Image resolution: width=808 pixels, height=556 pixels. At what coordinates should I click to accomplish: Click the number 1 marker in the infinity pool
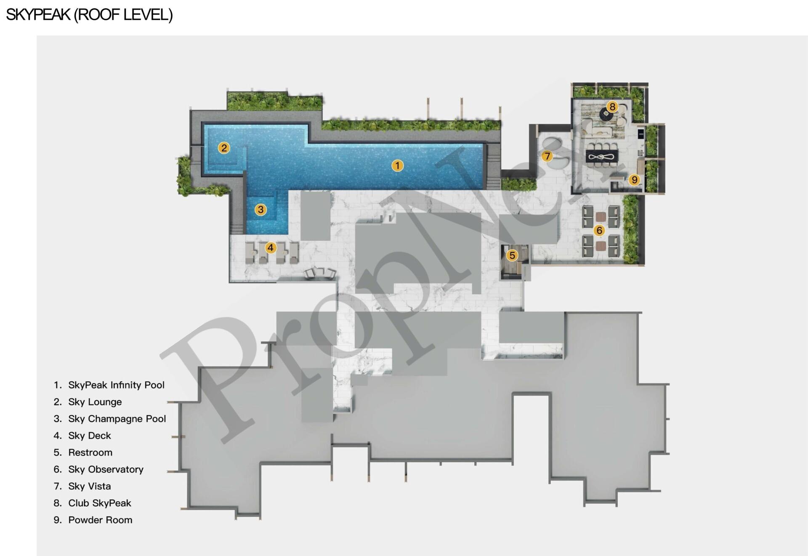[x=397, y=165]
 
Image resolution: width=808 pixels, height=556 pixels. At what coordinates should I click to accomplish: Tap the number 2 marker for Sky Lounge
[x=224, y=148]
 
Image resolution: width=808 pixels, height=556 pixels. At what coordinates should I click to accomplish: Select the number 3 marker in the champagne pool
[x=260, y=209]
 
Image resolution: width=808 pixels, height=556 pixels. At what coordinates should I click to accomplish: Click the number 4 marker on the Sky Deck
[x=271, y=247]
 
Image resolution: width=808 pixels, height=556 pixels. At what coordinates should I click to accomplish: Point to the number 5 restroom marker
[x=512, y=255]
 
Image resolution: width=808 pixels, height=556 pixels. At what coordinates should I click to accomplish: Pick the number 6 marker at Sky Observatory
[x=599, y=230]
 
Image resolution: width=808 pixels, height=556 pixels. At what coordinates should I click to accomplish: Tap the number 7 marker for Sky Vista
[x=547, y=156]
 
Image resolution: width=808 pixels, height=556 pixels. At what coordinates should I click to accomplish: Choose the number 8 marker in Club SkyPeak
[x=612, y=106]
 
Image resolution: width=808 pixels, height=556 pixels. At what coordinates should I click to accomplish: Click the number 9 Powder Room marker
[x=634, y=180]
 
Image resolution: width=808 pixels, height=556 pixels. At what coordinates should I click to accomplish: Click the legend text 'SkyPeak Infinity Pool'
[x=116, y=385]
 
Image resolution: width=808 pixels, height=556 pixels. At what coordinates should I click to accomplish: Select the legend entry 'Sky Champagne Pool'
[x=117, y=418]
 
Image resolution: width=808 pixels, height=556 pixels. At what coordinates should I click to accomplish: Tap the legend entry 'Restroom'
[x=90, y=452]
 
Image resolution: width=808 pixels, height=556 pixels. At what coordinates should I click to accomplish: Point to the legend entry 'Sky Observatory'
[x=106, y=469]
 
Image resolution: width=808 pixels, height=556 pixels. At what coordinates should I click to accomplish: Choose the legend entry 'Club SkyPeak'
[x=100, y=503]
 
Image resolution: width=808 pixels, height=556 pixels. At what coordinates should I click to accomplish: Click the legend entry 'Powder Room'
[x=100, y=520]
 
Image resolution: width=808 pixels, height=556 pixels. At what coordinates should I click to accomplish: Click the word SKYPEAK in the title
[x=38, y=15]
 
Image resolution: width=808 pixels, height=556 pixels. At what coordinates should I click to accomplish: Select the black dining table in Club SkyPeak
[x=602, y=156]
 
